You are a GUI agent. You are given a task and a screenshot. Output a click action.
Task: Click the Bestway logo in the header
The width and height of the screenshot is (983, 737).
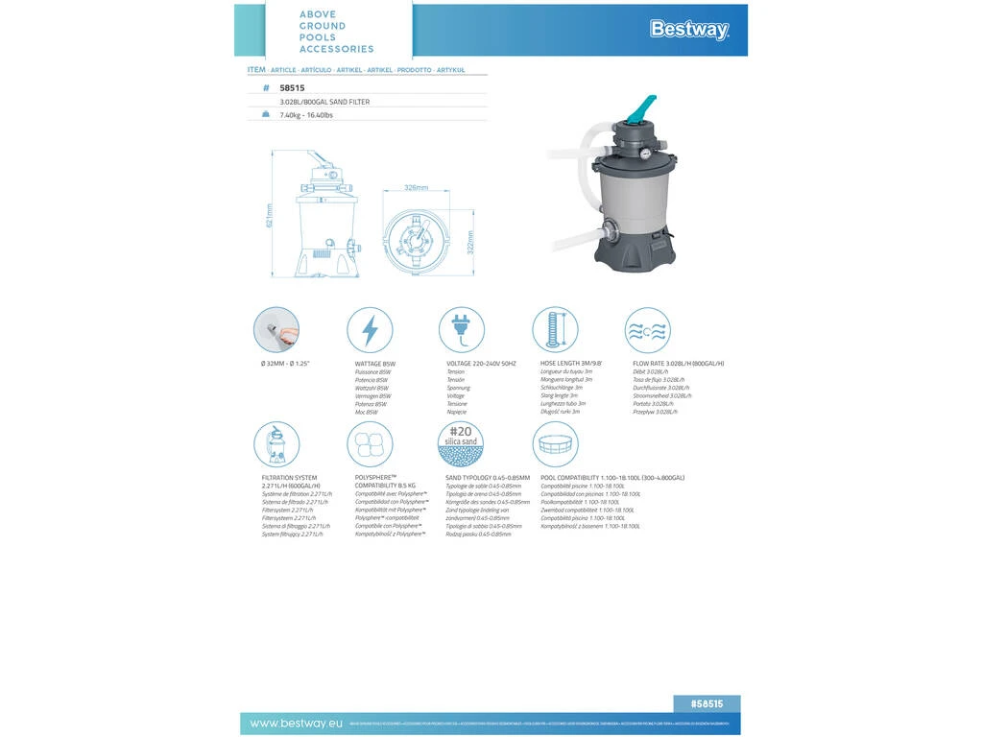689,30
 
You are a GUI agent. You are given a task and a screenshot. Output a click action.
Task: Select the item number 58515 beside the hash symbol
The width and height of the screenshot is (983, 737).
293,87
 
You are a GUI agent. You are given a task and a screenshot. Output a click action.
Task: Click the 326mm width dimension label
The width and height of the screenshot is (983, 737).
416,188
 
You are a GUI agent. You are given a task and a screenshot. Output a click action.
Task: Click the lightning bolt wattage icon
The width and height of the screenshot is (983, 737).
370,330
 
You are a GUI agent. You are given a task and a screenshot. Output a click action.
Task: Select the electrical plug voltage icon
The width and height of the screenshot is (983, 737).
462,330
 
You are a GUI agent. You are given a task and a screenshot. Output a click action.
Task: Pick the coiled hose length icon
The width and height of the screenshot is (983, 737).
555,330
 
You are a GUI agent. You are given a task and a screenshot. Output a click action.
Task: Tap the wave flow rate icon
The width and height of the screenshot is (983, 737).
647,330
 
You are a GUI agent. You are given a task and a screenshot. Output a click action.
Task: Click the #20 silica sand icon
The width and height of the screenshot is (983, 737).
461,443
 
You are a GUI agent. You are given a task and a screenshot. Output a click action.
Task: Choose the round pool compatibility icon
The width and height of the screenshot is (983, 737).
555,444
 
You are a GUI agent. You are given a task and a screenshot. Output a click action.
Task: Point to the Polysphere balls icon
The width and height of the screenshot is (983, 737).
370,444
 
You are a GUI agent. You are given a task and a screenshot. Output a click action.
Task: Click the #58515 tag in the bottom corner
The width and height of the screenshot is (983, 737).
707,702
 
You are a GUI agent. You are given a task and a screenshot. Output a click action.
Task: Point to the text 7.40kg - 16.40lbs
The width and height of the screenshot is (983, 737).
306,114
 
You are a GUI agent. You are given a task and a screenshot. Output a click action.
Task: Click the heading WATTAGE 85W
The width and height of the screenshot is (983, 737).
375,365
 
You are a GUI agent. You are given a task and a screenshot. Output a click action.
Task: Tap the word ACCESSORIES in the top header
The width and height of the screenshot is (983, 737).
336,49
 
